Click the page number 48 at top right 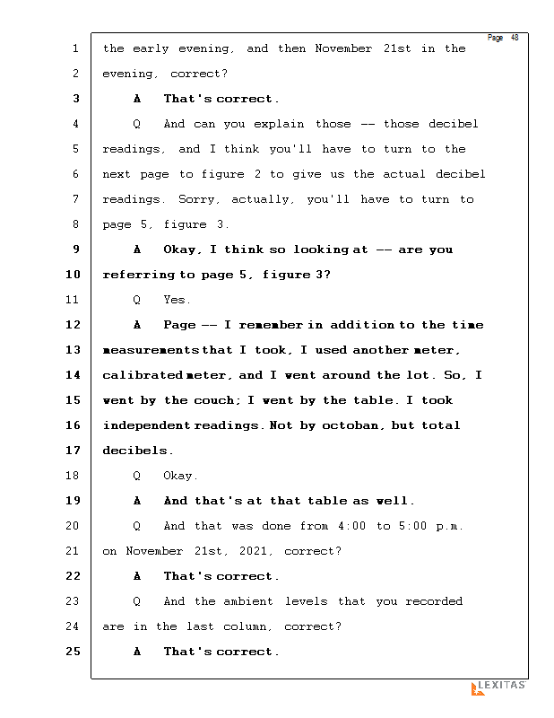[515, 38]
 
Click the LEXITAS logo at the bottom [498, 687]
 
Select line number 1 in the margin [75, 48]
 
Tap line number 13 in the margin [74, 350]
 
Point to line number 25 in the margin [74, 652]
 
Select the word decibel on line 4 [454, 124]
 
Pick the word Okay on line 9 [184, 250]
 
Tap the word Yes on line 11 [176, 300]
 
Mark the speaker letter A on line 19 [137, 501]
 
